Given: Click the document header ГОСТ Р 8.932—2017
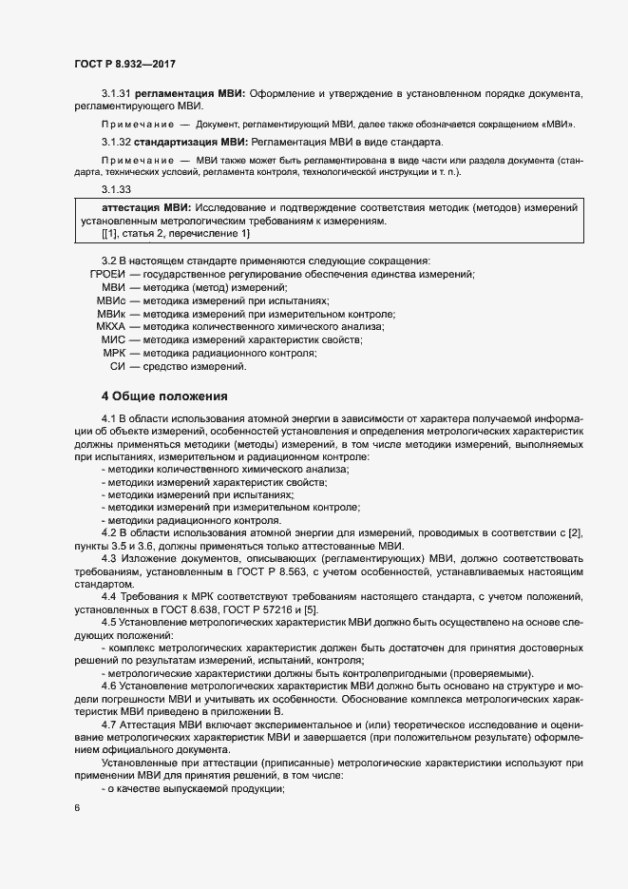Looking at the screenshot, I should click(x=124, y=63).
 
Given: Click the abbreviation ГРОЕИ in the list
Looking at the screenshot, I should click(x=107, y=274).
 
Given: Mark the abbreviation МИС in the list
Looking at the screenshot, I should click(x=113, y=340).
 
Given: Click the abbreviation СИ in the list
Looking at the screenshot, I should click(x=119, y=367).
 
